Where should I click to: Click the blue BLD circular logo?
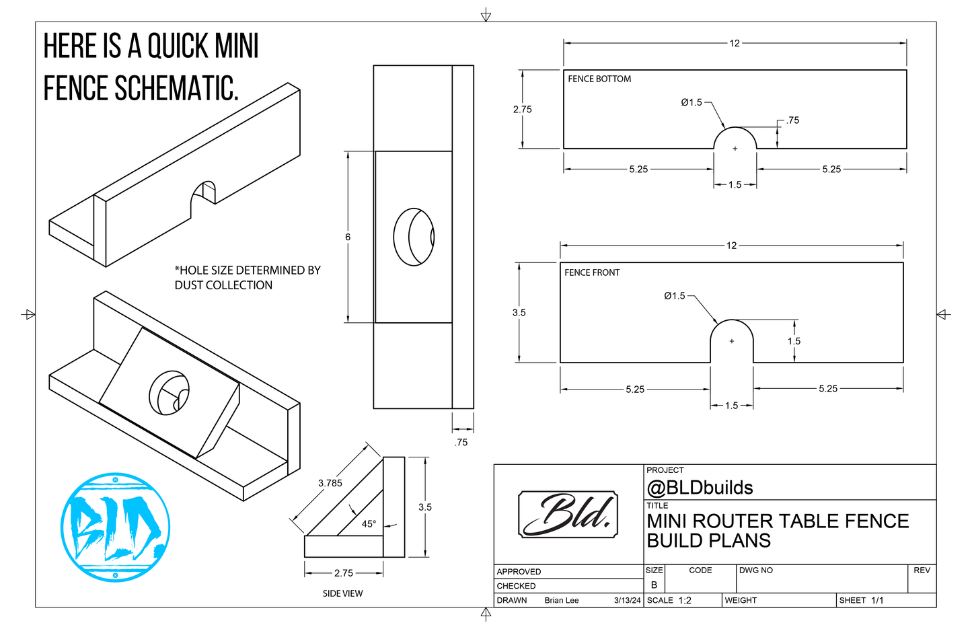point(115,527)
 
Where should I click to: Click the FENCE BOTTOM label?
point(599,79)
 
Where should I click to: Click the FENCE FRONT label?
point(592,272)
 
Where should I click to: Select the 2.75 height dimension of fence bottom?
point(522,109)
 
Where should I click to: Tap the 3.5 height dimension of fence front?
point(519,312)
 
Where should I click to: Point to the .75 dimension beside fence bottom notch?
point(792,120)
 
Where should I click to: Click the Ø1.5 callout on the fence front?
point(674,295)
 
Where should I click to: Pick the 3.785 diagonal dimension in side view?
point(330,483)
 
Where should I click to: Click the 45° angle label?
point(369,523)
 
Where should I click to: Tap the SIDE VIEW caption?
point(342,593)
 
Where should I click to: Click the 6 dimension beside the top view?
point(348,237)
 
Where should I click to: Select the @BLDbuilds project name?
point(700,488)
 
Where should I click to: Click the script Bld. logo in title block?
point(568,515)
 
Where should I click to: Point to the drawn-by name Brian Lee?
point(561,600)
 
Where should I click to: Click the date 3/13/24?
point(627,600)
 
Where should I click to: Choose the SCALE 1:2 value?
point(684,600)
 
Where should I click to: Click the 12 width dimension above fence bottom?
point(734,43)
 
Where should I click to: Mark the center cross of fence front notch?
point(732,341)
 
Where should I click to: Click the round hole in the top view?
point(414,237)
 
